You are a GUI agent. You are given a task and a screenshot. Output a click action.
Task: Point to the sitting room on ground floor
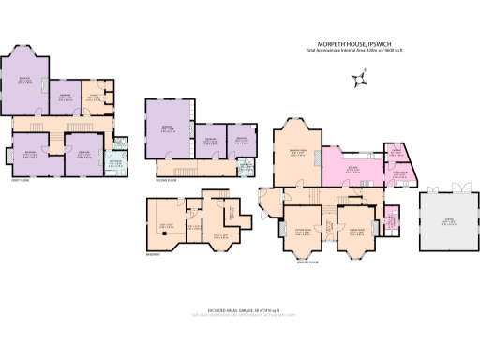tap(303, 231)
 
